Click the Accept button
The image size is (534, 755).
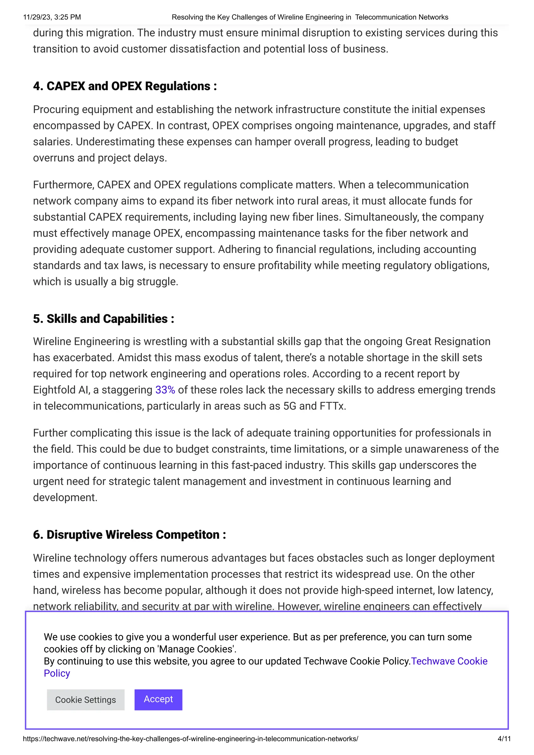coord(158,700)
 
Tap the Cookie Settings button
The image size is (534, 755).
coord(86,700)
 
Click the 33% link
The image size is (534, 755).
coord(165,390)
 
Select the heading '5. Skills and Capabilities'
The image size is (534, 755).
coord(103,319)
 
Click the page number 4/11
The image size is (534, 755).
coord(504,739)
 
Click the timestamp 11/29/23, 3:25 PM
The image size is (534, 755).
coord(52,17)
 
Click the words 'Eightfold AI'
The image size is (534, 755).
coord(61,390)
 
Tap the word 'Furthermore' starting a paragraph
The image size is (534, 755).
coord(63,185)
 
